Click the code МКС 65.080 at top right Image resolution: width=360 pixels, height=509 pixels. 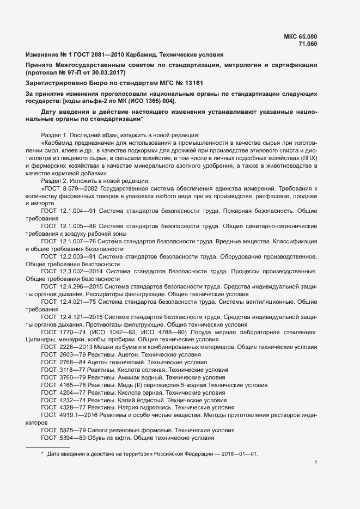point(301,36)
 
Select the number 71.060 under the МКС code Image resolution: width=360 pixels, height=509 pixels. point(307,44)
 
